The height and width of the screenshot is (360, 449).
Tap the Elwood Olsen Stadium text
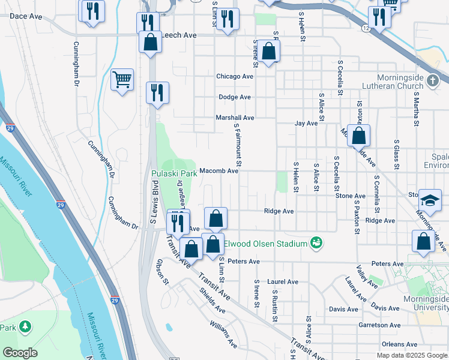point(265,244)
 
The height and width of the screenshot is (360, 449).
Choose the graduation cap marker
point(430,200)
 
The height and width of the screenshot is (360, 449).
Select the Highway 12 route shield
point(366,28)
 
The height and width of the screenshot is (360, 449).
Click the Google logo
point(20,353)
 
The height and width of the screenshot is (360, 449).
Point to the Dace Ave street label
point(26,16)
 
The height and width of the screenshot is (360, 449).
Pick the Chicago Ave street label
point(235,77)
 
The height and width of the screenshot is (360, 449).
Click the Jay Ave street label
point(306,124)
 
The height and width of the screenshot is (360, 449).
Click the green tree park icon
point(25,327)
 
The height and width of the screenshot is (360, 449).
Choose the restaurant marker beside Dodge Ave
point(157,92)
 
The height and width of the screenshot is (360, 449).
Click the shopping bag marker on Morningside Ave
point(358,136)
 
